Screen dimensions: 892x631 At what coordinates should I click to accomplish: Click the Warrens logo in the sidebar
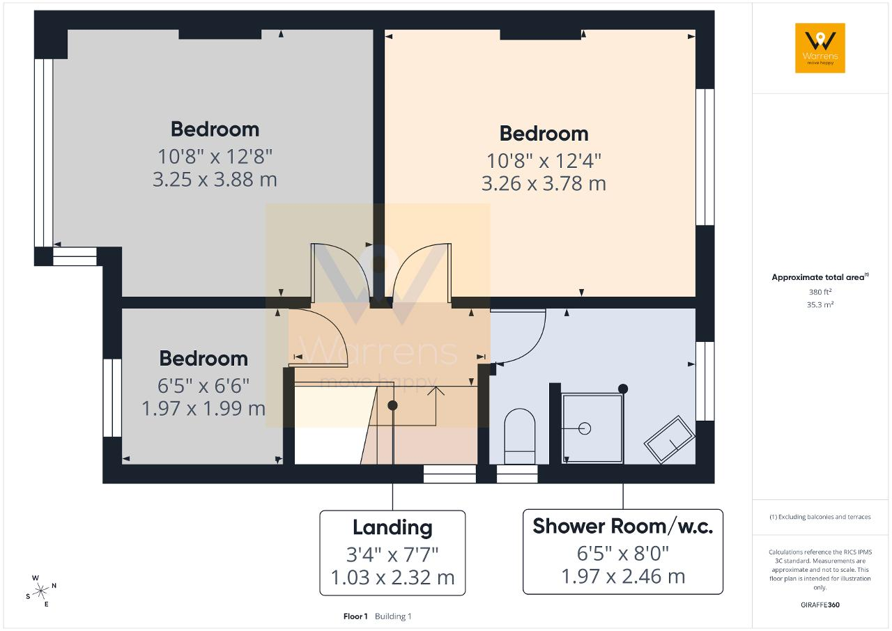(820, 48)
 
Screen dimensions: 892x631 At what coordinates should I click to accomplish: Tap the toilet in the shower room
(519, 436)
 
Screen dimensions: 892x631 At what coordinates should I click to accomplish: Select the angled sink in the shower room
(669, 439)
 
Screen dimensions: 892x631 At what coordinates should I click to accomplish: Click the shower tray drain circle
(584, 428)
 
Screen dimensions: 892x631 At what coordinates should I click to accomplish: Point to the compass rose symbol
(41, 591)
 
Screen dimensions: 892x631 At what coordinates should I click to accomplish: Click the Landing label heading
(392, 527)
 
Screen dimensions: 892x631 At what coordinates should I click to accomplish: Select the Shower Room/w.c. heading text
(623, 526)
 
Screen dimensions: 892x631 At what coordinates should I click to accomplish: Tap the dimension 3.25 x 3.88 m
(215, 180)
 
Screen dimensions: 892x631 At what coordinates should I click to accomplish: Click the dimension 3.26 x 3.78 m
(544, 183)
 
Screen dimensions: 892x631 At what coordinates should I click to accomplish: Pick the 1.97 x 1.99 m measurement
(203, 409)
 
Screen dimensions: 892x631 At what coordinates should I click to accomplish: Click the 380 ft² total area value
(820, 292)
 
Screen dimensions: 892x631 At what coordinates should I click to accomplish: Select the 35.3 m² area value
(820, 304)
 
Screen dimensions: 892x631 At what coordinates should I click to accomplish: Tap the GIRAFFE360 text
(820, 605)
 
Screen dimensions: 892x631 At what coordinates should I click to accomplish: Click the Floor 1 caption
(355, 616)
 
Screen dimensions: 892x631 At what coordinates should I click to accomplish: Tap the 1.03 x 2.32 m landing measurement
(392, 577)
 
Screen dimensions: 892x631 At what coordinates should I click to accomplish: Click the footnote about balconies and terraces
(820, 517)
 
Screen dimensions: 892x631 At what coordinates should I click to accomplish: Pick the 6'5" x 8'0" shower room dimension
(623, 554)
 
